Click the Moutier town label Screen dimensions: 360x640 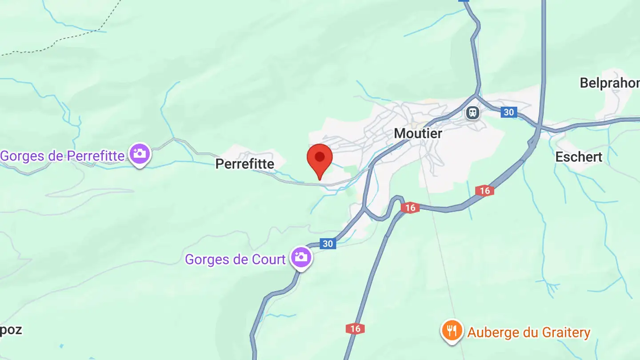click(418, 133)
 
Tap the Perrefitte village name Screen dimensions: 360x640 click(244, 164)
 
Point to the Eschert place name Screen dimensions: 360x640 click(579, 157)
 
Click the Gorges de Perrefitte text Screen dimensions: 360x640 click(62, 156)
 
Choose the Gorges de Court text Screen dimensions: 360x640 click(235, 259)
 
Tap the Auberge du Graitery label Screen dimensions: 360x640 click(528, 332)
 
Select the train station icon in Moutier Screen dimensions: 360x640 click(472, 112)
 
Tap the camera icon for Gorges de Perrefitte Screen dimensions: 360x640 click(140, 154)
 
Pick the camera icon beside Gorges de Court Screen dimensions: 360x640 click(301, 257)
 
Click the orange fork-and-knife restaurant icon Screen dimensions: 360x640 click(452, 331)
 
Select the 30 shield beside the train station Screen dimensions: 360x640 click(508, 112)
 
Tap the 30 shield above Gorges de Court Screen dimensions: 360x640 click(328, 244)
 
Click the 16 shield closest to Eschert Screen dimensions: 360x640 click(484, 191)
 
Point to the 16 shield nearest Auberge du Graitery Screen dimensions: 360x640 click(355, 329)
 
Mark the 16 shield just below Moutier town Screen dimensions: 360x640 click(410, 208)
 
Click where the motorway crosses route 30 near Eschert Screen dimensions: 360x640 click(538, 129)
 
